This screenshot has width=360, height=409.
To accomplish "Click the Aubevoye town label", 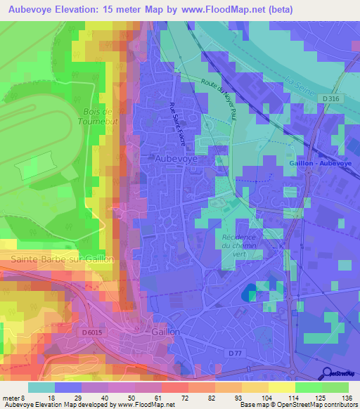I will [176, 160].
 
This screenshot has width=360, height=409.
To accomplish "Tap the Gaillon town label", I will [166, 331].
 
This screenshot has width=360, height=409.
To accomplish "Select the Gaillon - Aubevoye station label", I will [319, 162].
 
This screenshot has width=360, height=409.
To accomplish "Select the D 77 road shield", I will [235, 353].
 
